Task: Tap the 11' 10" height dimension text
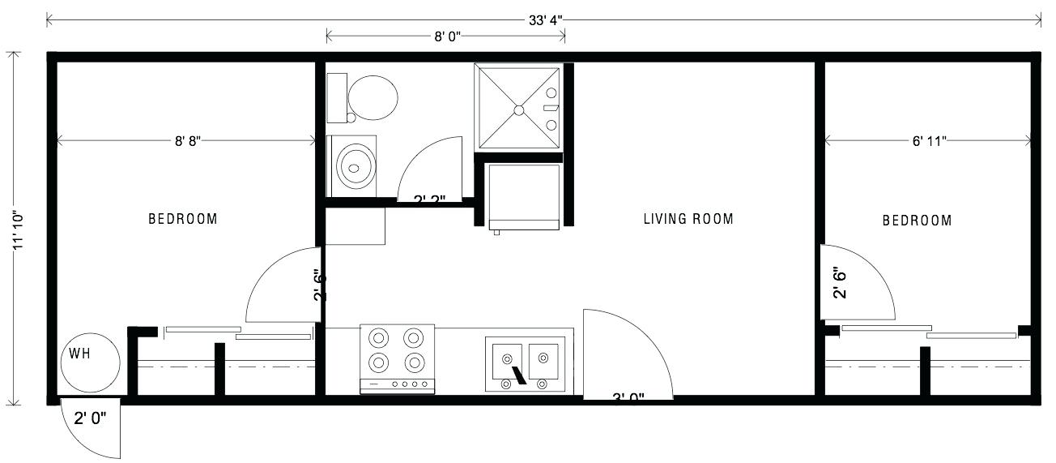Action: click(x=18, y=229)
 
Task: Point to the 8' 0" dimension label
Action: click(x=444, y=36)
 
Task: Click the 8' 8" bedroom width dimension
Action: click(x=187, y=141)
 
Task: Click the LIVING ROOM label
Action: click(x=688, y=219)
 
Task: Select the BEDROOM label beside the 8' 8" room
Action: click(x=183, y=219)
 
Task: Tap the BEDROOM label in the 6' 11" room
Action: click(x=917, y=221)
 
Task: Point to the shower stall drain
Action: click(x=518, y=108)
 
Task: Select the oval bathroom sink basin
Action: click(x=355, y=166)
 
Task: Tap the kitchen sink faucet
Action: click(x=517, y=376)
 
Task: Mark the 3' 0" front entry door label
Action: click(x=628, y=397)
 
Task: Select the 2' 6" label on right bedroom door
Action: click(x=839, y=284)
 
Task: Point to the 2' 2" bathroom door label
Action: click(x=431, y=199)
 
